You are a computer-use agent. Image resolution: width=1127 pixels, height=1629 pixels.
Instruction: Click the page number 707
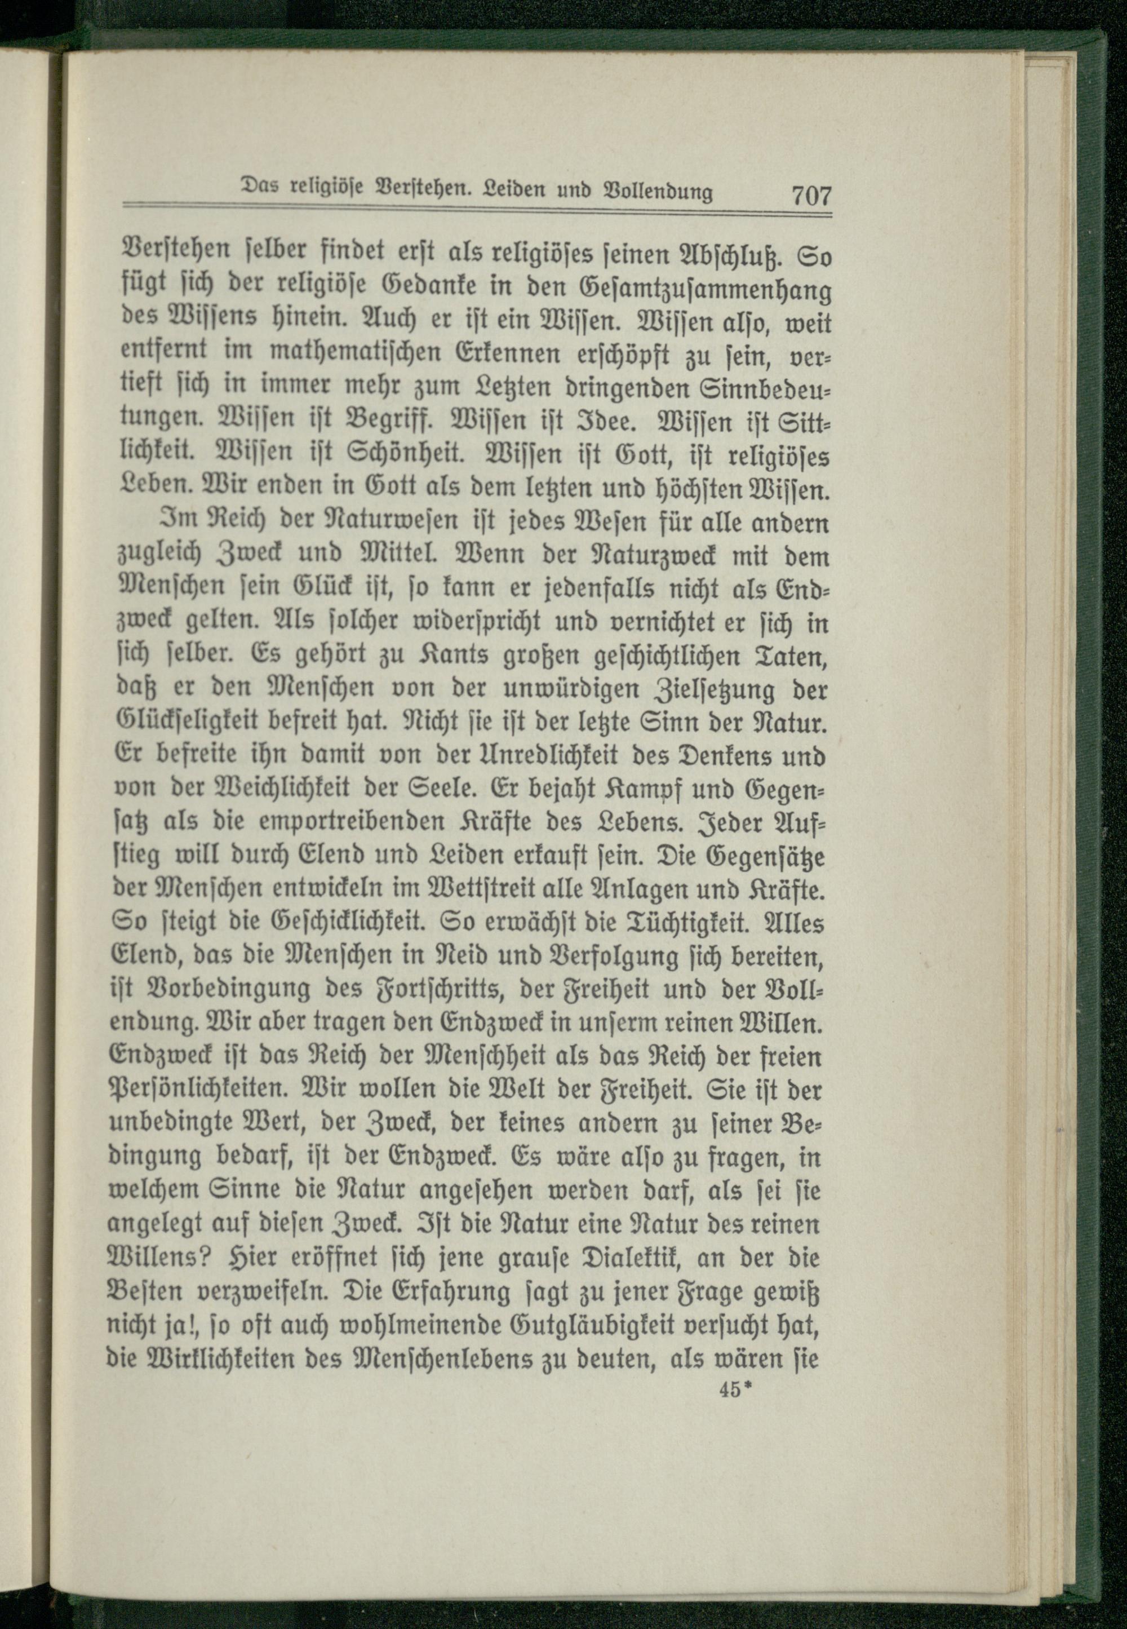(812, 194)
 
